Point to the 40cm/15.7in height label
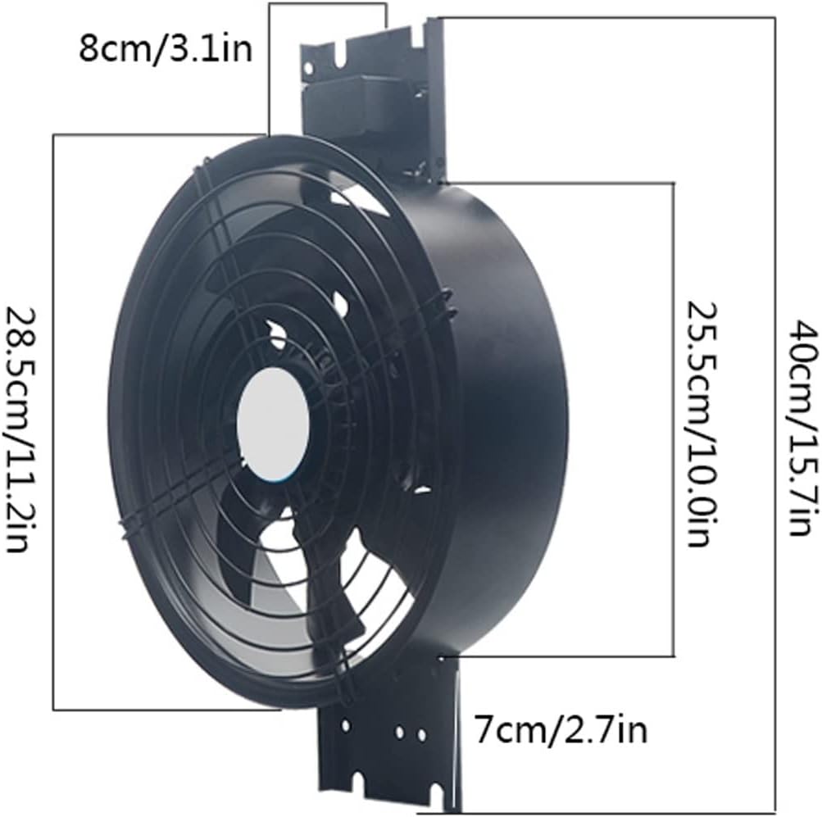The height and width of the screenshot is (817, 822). (x=801, y=426)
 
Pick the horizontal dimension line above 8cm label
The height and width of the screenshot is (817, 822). (x=328, y=4)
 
